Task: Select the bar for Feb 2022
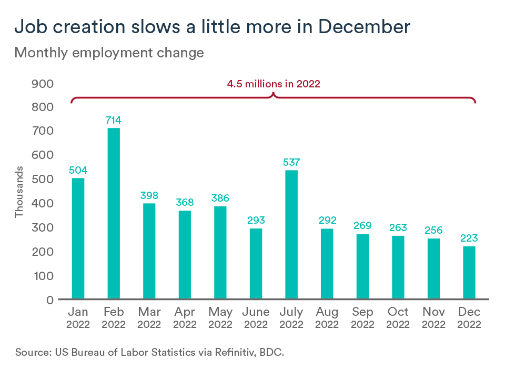click(114, 214)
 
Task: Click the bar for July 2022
click(291, 235)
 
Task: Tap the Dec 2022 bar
click(469, 273)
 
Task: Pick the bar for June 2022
click(256, 264)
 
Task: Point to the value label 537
click(291, 163)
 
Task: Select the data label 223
click(469, 238)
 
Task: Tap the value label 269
click(362, 226)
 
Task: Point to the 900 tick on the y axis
click(43, 84)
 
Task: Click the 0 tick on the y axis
click(49, 300)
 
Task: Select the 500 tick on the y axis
click(43, 180)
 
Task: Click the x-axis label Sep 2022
click(362, 318)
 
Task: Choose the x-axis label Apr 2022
click(185, 318)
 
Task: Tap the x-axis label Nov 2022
click(433, 318)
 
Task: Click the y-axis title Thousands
click(19, 192)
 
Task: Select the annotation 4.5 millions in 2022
click(273, 84)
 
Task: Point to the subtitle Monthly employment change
click(109, 53)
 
